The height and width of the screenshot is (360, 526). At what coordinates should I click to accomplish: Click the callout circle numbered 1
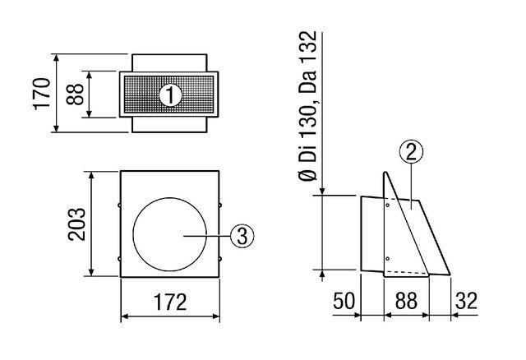(x=170, y=95)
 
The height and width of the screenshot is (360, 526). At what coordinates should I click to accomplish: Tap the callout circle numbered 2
(x=411, y=151)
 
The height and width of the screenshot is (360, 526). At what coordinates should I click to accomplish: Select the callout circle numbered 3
(x=242, y=236)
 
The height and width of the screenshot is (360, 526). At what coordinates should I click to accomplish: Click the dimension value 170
(x=42, y=93)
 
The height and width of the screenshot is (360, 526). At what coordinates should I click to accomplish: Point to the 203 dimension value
(x=76, y=224)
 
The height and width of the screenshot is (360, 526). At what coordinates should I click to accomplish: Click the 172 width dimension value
(x=170, y=302)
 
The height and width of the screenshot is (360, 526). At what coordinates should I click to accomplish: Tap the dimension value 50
(x=344, y=301)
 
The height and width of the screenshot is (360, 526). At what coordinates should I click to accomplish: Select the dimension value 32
(x=466, y=301)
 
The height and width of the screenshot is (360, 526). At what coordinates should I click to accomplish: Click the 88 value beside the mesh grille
(x=75, y=95)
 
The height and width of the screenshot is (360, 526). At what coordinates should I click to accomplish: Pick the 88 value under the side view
(x=406, y=301)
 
